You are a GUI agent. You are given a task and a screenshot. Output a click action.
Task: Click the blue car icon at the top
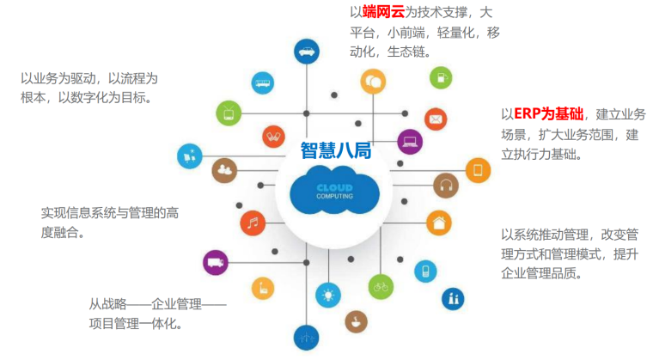tap(306, 52)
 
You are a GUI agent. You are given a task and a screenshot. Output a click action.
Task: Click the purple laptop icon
tap(410, 141)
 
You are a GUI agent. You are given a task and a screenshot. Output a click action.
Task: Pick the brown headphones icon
tap(446, 185)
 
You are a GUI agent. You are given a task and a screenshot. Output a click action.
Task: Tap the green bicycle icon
tap(381, 285)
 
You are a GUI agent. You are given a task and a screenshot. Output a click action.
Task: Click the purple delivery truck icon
tap(216, 262)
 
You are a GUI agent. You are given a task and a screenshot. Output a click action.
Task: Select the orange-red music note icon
tap(252, 223)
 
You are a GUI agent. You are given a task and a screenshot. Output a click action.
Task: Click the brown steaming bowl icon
tap(354, 322)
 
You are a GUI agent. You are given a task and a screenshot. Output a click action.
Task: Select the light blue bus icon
tap(262, 82)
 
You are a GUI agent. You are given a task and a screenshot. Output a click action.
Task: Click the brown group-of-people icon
tap(225, 168)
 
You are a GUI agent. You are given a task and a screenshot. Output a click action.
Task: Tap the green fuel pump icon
tap(439, 78)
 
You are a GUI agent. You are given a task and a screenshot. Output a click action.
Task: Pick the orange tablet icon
tap(478, 170)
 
